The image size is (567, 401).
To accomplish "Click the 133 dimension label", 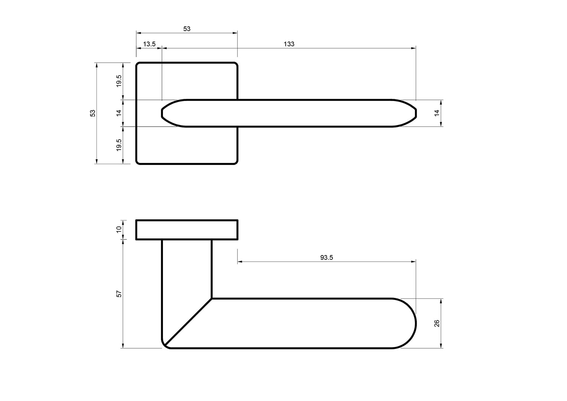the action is pyautogui.click(x=289, y=44).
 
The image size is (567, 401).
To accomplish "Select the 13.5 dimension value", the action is pyautogui.click(x=149, y=44).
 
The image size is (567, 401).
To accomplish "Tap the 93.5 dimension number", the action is pyautogui.click(x=327, y=257).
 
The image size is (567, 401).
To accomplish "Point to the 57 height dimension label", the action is pyautogui.click(x=119, y=294).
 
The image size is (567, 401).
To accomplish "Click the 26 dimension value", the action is pyautogui.click(x=437, y=323).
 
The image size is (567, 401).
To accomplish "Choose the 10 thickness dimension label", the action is pyautogui.click(x=119, y=229).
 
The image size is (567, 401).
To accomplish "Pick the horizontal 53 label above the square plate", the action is pyautogui.click(x=187, y=29).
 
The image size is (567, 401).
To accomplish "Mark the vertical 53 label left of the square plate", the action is pyautogui.click(x=93, y=113).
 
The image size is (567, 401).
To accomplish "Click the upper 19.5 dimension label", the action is pyautogui.click(x=119, y=81).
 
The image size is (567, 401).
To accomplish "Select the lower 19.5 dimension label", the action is pyautogui.click(x=119, y=145).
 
